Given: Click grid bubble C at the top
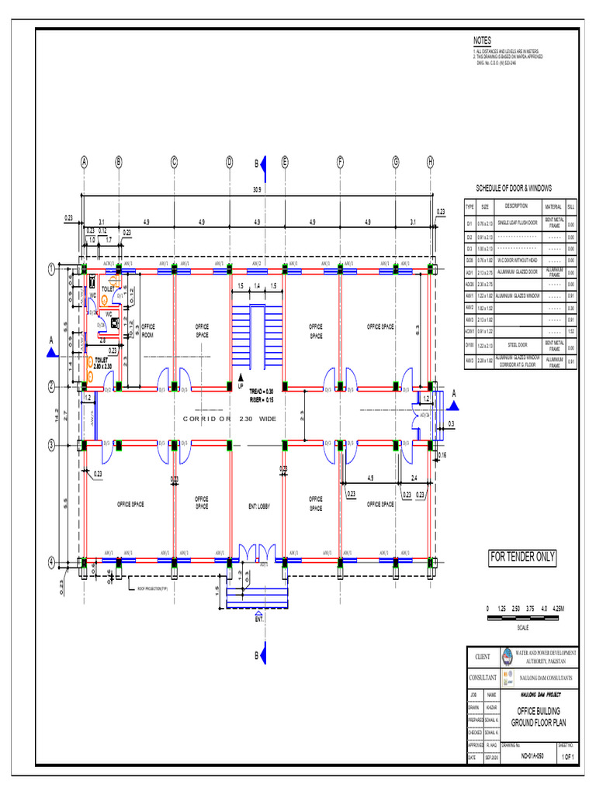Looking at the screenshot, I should tap(174, 162).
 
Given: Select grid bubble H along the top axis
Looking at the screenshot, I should tap(430, 162).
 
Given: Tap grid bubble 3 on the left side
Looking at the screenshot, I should tap(51, 445).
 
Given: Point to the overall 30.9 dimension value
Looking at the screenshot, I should tap(257, 188).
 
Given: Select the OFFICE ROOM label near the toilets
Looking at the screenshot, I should tap(147, 330).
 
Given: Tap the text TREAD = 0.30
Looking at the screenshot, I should tap(261, 392).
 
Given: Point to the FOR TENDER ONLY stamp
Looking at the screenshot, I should tap(521, 557).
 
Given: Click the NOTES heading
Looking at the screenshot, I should tap(482, 40).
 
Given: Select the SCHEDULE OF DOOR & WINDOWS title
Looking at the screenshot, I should tap(514, 188).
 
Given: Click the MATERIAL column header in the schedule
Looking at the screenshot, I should tap(553, 206).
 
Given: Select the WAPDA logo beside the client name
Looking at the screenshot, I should tap(508, 656).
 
